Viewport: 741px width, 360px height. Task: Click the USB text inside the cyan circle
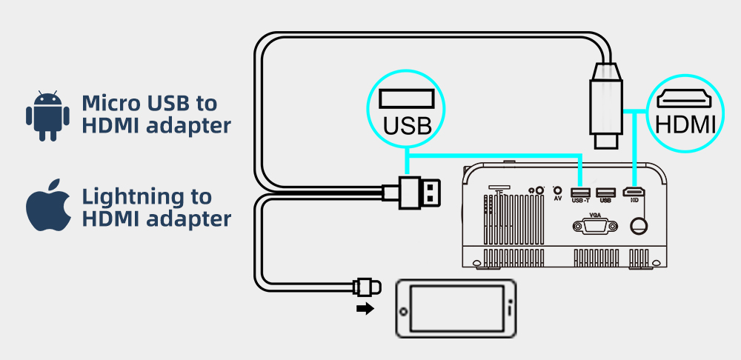point(407,125)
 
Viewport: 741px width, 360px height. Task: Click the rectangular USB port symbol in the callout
point(407,99)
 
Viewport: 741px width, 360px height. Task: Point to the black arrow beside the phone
point(365,309)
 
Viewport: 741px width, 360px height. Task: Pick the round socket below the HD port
point(636,224)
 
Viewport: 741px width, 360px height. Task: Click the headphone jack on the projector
point(539,190)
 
